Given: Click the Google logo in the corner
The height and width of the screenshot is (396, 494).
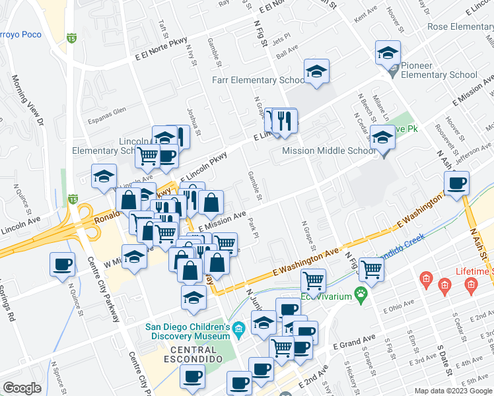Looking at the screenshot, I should [x=22, y=387].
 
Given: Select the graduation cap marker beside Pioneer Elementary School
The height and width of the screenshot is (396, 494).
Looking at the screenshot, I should [x=388, y=54].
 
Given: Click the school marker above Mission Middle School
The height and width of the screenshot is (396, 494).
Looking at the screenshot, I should [x=382, y=139].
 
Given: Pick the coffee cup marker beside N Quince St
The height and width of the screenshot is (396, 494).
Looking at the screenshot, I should [x=63, y=265].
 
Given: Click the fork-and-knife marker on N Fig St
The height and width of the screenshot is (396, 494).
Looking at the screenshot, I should [x=285, y=123].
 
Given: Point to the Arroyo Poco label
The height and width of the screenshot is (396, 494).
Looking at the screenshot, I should [x=20, y=35].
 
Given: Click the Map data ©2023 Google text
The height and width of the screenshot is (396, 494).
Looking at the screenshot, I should [x=453, y=390].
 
